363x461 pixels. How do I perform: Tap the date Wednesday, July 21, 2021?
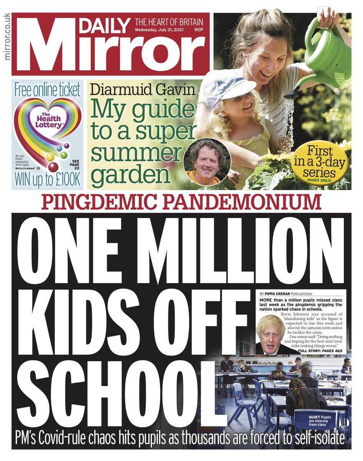(x=162, y=30)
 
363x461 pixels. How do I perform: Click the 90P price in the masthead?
(x=199, y=30)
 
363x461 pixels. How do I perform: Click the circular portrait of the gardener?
(x=207, y=161)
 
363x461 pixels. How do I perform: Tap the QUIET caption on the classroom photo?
(x=322, y=421)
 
